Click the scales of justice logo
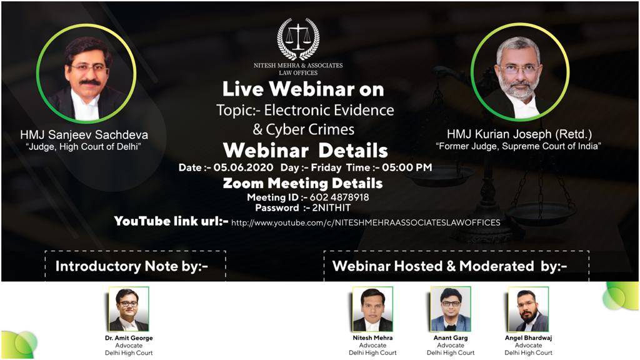pyautogui.click(x=298, y=39)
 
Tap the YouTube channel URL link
pyautogui.click(x=366, y=223)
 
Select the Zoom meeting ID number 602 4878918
pyautogui.click(x=339, y=197)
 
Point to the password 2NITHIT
pyautogui.click(x=331, y=207)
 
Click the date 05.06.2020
pyautogui.click(x=243, y=167)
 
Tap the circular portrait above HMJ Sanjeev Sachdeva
pyautogui.click(x=86, y=74)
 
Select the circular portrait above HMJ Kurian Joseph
pyautogui.click(x=520, y=72)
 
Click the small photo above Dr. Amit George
pyautogui.click(x=129, y=309)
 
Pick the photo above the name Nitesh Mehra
pyautogui.click(x=372, y=309)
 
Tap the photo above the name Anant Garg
pyautogui.click(x=451, y=309)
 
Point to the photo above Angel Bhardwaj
pyautogui.click(x=528, y=309)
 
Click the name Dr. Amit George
pyautogui.click(x=129, y=338)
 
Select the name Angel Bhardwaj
pyautogui.click(x=528, y=338)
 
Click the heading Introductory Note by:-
pyautogui.click(x=132, y=266)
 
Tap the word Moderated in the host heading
pyautogui.click(x=497, y=266)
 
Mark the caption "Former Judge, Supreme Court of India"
pyautogui.click(x=518, y=146)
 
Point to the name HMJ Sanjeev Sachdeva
pyautogui.click(x=84, y=135)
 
